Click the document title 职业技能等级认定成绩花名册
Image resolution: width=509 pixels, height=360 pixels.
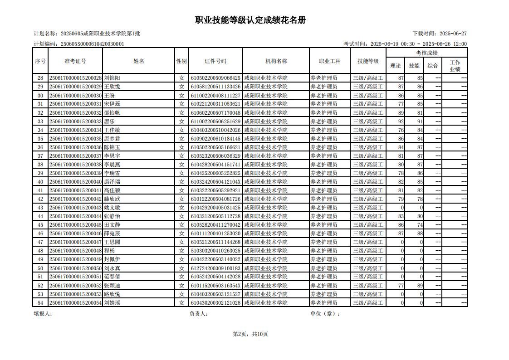pos(250,20)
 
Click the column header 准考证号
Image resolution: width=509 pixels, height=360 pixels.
pos(75,61)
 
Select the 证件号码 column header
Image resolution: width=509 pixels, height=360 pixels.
pos(215,61)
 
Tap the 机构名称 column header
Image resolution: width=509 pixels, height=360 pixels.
pos(276,61)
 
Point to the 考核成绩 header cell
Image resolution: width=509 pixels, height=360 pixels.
pos(426,53)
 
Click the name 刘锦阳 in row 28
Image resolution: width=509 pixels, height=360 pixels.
pos(112,78)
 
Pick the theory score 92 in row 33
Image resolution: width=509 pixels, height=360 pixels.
pos(401,122)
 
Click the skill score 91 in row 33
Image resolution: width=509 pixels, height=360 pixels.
pos(420,122)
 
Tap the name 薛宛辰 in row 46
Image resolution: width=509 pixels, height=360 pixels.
pos(112,234)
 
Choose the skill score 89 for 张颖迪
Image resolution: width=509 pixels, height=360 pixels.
pos(420,286)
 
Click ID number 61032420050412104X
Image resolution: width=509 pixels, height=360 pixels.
pos(215,182)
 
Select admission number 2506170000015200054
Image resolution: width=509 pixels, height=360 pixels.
pos(75,303)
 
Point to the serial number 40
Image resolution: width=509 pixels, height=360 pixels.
pos(40,182)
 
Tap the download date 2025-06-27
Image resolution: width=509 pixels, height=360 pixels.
pos(453,34)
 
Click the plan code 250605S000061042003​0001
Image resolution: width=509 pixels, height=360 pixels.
pos(92,44)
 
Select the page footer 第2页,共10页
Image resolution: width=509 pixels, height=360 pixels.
pos(250,334)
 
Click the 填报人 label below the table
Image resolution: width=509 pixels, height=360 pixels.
pos(43,313)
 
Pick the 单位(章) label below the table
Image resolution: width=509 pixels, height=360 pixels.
pos(325,313)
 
